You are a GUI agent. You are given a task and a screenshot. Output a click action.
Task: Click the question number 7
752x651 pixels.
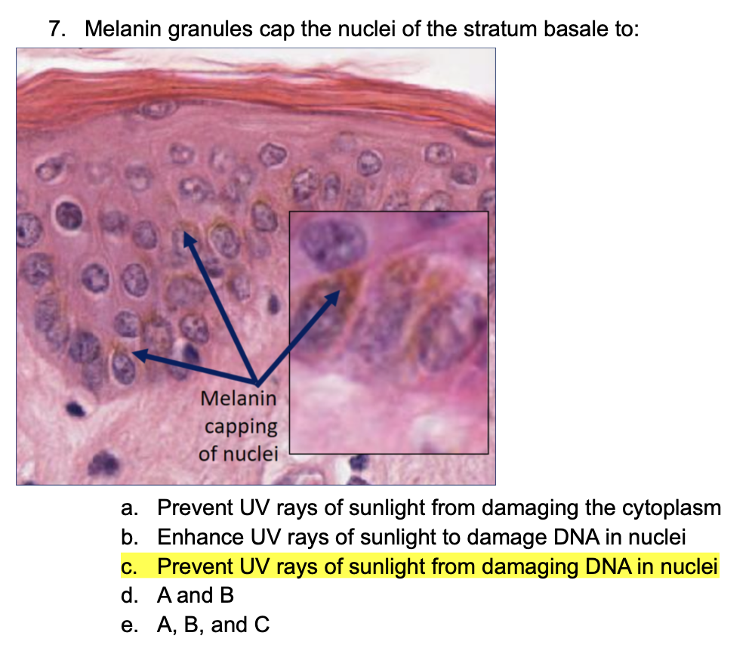[x=57, y=29]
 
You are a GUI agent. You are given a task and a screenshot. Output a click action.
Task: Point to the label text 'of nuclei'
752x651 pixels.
[x=239, y=453]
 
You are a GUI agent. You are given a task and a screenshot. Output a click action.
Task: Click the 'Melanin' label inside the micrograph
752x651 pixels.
[x=239, y=398]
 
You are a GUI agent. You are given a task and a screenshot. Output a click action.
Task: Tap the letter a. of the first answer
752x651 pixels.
[x=130, y=508]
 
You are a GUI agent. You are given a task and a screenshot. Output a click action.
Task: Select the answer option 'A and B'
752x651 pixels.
[x=196, y=595]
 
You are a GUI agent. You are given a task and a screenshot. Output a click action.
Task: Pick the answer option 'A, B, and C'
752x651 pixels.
[x=213, y=625]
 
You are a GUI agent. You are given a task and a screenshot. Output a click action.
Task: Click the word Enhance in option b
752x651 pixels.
[x=201, y=537]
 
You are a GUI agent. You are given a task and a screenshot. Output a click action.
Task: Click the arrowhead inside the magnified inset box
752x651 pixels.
[x=333, y=297]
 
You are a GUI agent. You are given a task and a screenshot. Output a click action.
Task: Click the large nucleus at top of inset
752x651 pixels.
[x=332, y=242]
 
